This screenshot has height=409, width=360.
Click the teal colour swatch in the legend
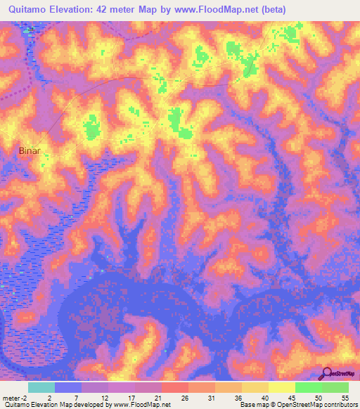click(x=41, y=387)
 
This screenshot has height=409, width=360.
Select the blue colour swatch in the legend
click(x=67, y=387)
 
